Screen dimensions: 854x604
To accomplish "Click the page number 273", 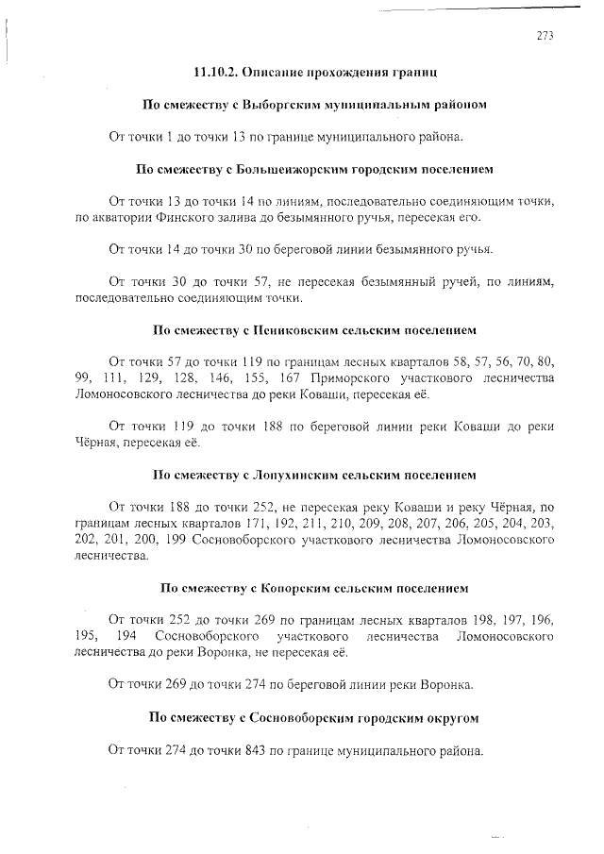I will tap(545, 37).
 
